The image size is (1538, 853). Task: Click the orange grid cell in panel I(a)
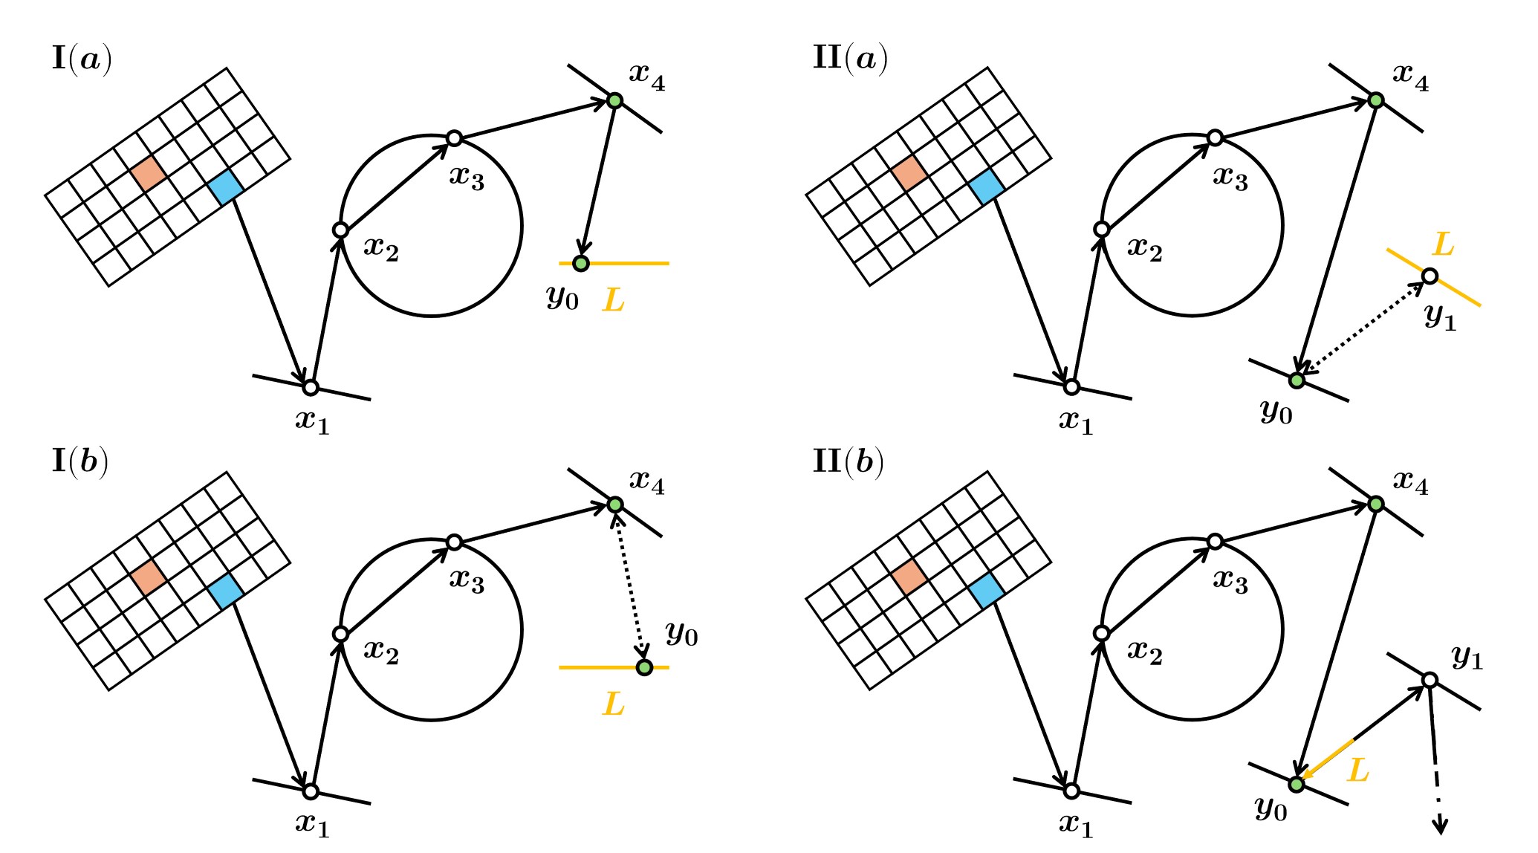pos(149,172)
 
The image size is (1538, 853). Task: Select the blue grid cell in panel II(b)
pos(987,591)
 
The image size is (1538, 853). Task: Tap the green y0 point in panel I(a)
pos(581,263)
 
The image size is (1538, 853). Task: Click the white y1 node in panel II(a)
pos(1430,276)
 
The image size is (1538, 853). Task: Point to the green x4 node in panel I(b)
pos(614,504)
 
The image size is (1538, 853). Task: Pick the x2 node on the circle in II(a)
pos(1102,230)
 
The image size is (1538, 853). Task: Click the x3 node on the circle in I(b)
pos(455,542)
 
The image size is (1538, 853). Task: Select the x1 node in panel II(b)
pos(1071,791)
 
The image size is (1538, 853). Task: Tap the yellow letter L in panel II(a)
pos(1443,244)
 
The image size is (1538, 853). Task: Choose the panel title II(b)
pos(849,462)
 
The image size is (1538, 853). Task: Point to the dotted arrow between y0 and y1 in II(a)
pos(1362,328)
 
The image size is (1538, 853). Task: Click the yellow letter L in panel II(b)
pos(1357,771)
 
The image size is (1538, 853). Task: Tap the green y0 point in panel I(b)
pos(644,667)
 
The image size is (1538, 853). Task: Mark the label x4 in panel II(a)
pos(1410,77)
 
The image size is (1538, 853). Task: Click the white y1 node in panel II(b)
pos(1430,680)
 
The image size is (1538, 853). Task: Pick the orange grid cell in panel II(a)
pos(910,172)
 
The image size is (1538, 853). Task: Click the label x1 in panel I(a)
pos(312,422)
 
